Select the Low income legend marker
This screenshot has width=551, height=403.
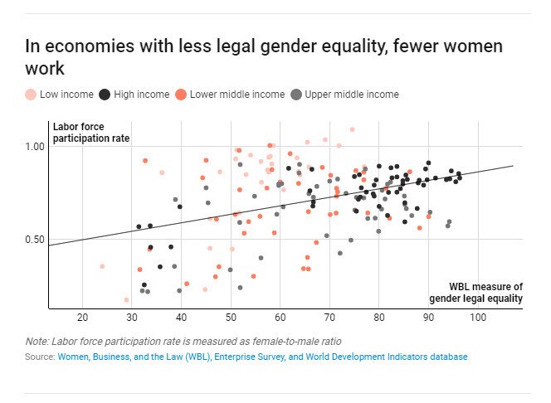coord(31,95)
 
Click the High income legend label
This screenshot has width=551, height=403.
coord(142,95)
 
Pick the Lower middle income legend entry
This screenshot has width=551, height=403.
coord(237,95)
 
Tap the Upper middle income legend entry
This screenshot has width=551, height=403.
coord(352,95)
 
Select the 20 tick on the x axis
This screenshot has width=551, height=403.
coord(82,318)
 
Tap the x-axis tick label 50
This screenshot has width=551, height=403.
coord(231,318)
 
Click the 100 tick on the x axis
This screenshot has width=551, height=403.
coord(477,318)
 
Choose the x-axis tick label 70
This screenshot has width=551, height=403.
coord(329,318)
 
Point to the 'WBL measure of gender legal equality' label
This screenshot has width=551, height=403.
coord(475,293)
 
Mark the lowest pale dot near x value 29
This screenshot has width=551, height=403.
coord(126,299)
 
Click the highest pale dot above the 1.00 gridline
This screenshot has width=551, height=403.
coord(352,129)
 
